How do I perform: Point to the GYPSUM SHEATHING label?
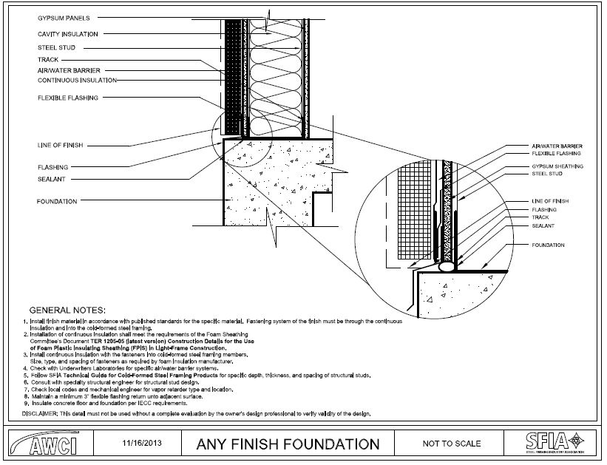coord(557,167)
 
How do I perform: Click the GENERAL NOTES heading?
coord(67,308)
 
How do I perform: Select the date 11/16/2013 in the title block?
coord(142,444)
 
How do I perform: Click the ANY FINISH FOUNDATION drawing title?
coord(288,444)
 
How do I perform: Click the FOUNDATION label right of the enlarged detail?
coord(548,245)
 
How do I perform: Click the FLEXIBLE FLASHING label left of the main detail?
coord(67,97)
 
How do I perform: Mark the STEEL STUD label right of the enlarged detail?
coord(547,174)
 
